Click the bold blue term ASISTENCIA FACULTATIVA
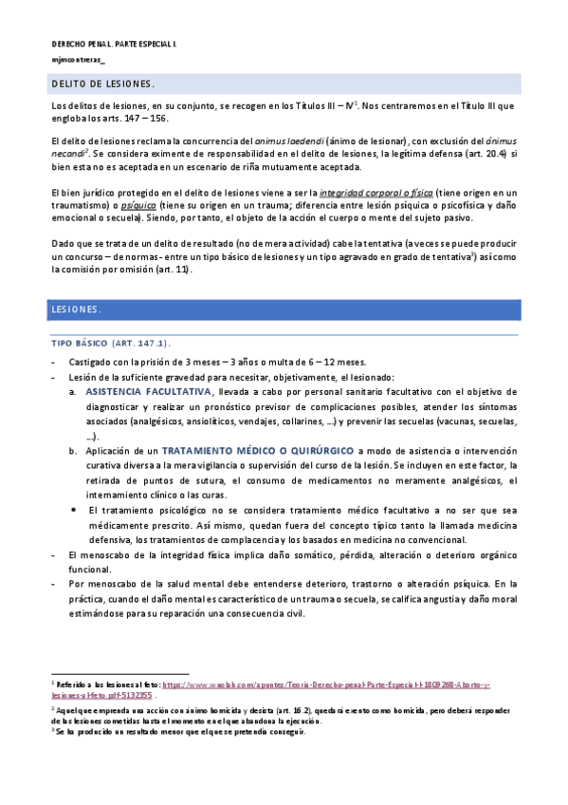coord(148,391)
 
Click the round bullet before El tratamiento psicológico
coord(75,510)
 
